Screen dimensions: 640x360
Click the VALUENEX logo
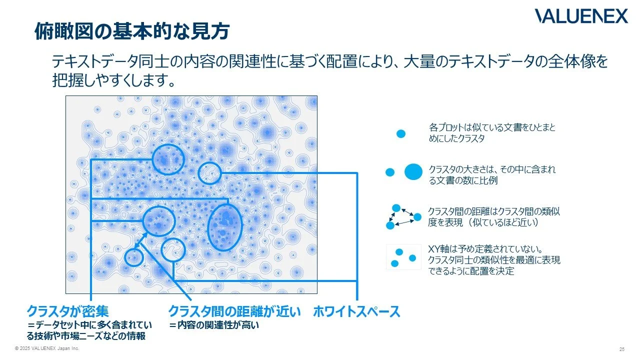click(x=581, y=16)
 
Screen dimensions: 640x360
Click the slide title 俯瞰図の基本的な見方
click(x=131, y=31)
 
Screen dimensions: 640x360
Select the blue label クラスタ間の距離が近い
click(x=234, y=311)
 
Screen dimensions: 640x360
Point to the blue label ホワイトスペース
click(x=356, y=311)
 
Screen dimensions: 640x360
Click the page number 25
click(x=621, y=349)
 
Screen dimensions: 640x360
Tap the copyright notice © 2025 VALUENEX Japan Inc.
click(x=47, y=348)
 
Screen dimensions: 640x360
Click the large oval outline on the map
click(x=224, y=227)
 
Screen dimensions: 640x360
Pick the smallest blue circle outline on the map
click(x=133, y=257)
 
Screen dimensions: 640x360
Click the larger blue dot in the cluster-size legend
click(x=413, y=172)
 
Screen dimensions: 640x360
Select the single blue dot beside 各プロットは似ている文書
click(x=400, y=134)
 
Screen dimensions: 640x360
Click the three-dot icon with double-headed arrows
click(x=403, y=216)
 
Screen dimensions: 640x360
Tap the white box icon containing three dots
click(x=403, y=257)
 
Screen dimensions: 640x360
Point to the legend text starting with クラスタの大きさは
click(x=492, y=175)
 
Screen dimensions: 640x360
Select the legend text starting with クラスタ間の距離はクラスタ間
click(x=493, y=217)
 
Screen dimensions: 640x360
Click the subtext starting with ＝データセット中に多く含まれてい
click(x=86, y=330)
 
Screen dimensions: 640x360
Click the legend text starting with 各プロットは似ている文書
click(x=492, y=133)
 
